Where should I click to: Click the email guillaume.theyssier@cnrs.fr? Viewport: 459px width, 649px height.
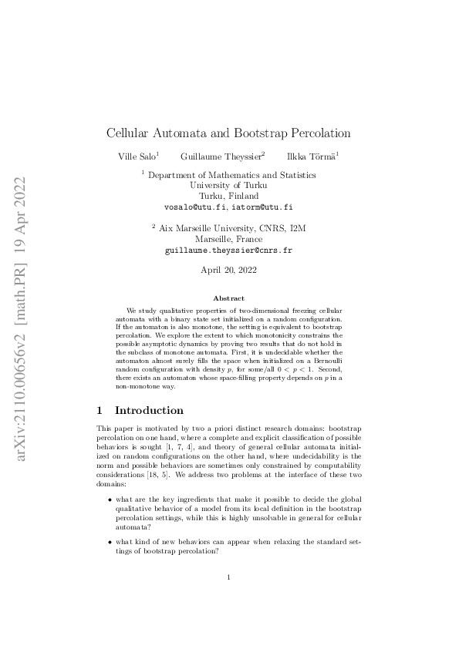(x=229, y=251)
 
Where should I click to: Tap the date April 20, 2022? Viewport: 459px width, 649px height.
(x=229, y=271)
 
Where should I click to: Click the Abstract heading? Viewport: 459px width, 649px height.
(x=229, y=298)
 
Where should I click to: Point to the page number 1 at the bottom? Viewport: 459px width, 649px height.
(x=229, y=577)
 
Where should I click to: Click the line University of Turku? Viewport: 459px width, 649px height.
(x=229, y=186)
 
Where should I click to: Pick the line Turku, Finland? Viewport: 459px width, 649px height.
(x=229, y=197)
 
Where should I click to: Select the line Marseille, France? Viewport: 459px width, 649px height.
(x=229, y=240)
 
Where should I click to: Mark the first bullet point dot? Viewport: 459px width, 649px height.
(x=110, y=500)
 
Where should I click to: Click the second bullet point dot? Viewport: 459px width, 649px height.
(x=110, y=541)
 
